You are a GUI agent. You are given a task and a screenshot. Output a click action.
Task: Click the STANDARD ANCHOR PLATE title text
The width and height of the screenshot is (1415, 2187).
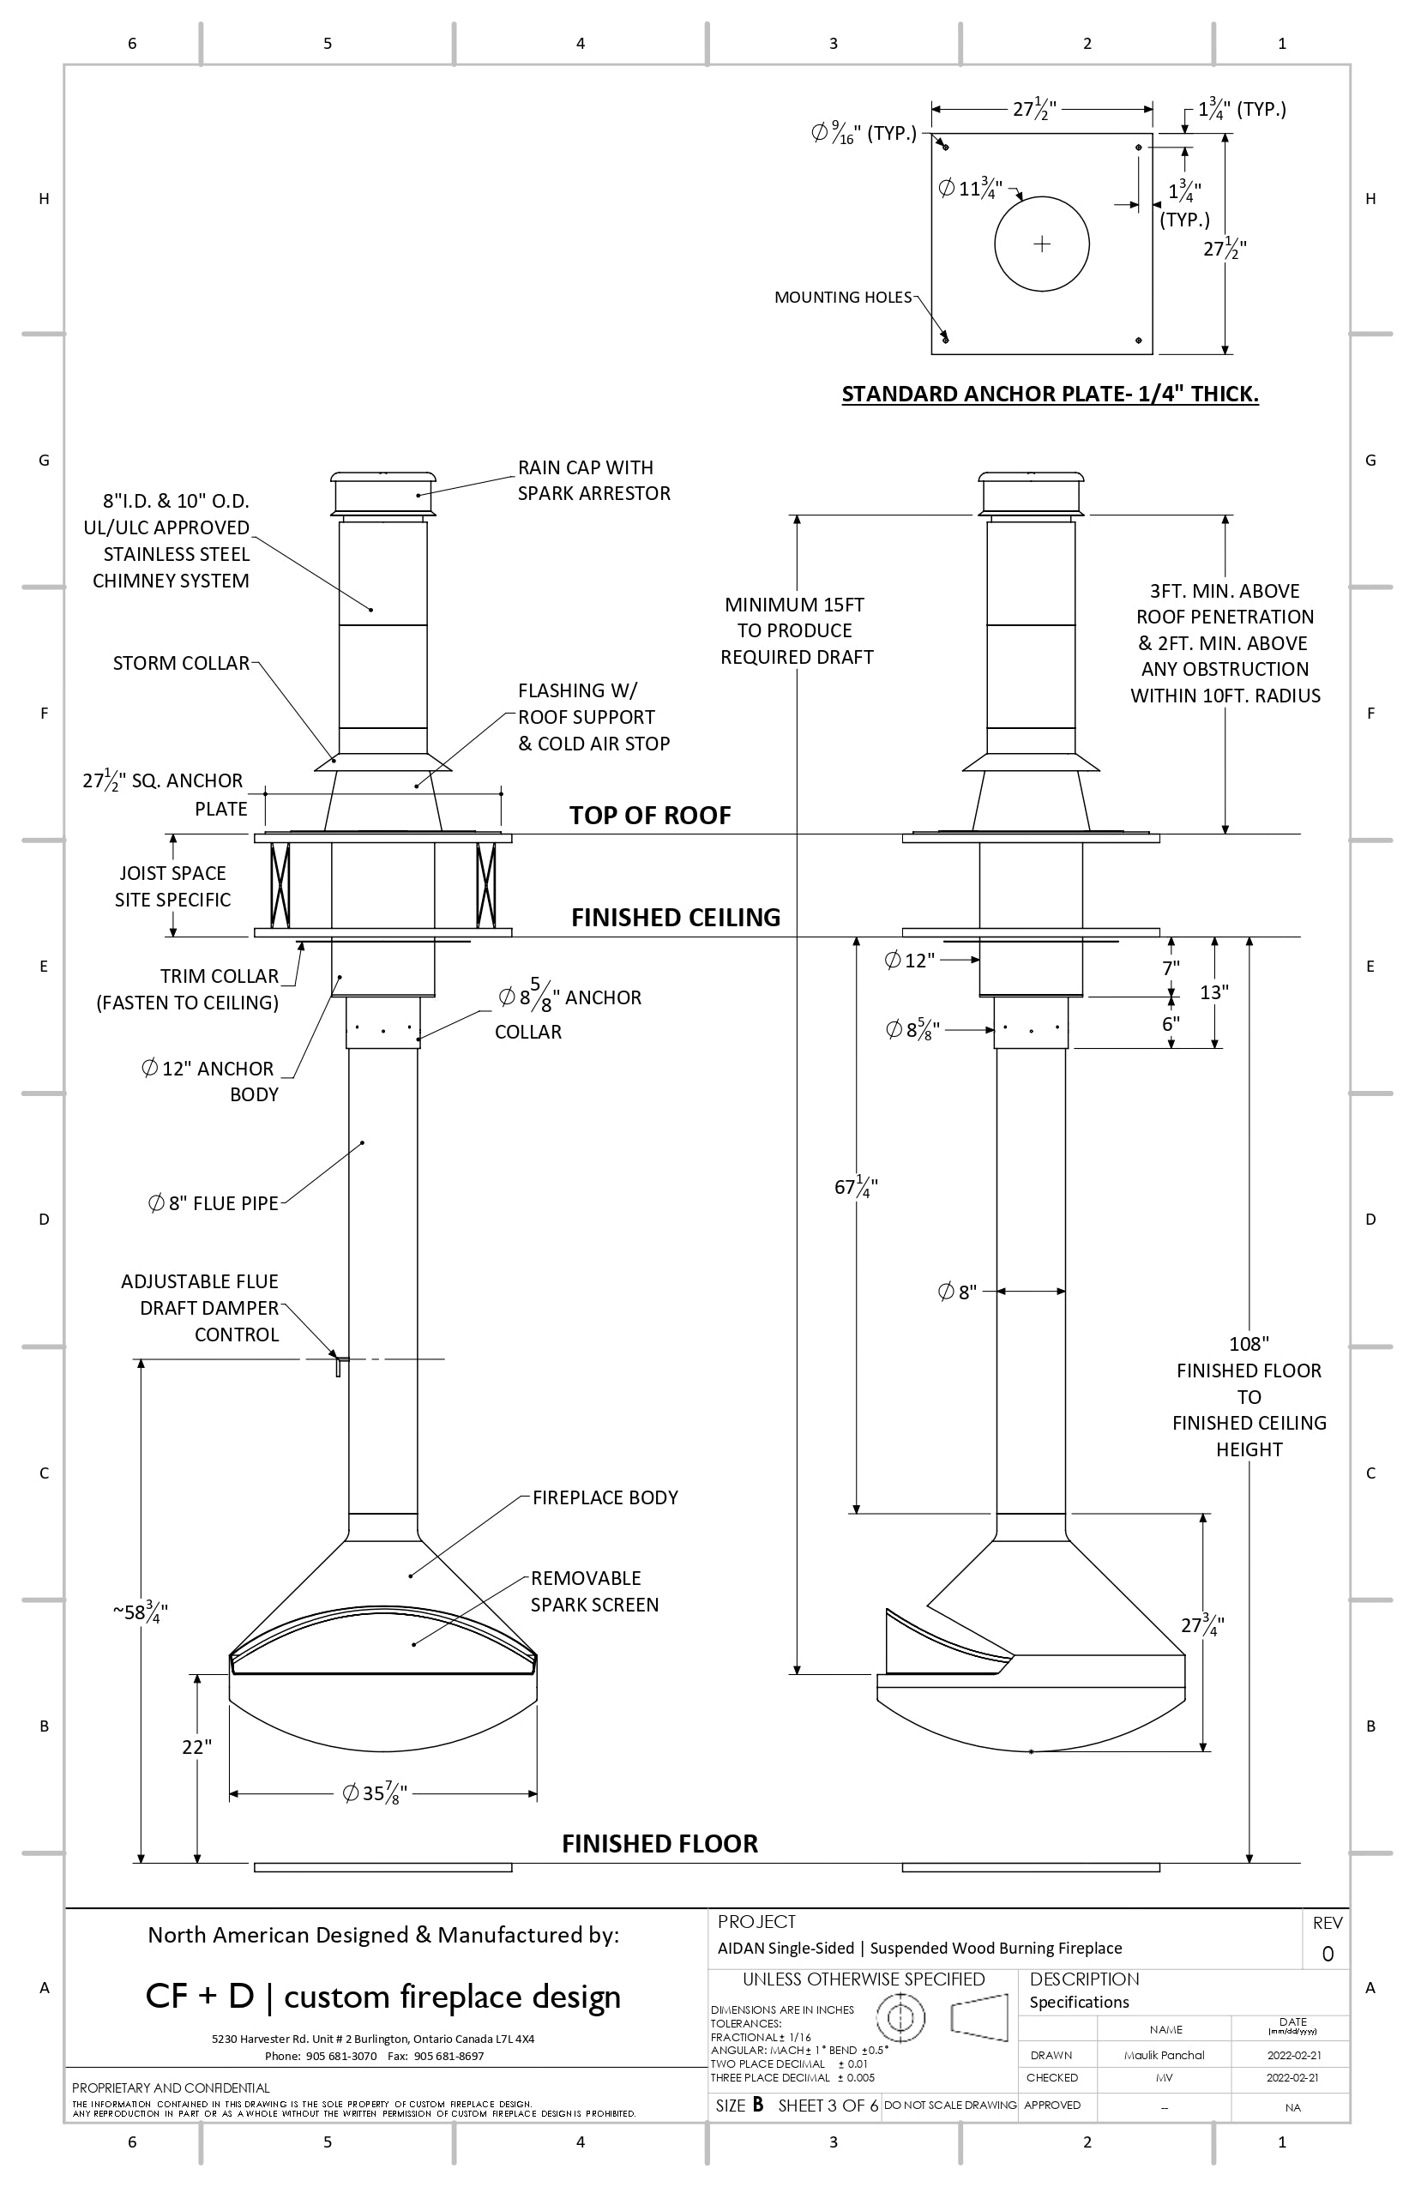1050,395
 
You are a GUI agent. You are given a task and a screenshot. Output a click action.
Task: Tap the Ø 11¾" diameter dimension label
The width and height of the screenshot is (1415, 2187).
970,189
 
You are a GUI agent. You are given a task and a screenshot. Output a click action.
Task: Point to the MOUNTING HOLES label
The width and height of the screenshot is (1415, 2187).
842,297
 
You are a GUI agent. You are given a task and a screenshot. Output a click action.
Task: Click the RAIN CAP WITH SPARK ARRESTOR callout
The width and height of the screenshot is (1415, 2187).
593,480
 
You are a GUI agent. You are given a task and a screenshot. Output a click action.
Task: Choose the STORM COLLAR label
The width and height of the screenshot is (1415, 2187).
181,664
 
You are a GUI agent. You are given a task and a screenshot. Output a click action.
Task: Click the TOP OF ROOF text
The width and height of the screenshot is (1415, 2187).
650,815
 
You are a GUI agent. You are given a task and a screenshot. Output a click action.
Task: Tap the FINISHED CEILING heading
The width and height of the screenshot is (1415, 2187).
676,917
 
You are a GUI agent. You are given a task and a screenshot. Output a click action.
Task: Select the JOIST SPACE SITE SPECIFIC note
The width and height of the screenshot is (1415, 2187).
172,886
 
